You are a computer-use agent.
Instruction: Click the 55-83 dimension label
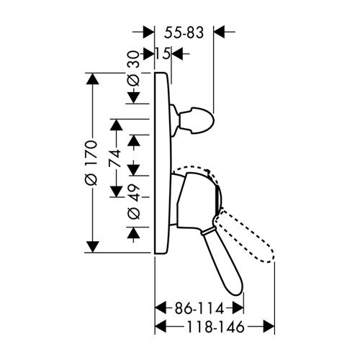click(x=184, y=32)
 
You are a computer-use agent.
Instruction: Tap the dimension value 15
click(x=163, y=53)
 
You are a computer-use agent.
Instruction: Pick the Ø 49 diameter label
click(x=133, y=202)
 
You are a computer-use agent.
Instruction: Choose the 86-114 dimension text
click(x=199, y=308)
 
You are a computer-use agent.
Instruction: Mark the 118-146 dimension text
click(x=215, y=327)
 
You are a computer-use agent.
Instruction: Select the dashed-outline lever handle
click(x=245, y=235)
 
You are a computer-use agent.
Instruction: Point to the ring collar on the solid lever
click(x=207, y=231)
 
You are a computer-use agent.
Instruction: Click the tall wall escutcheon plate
click(x=163, y=163)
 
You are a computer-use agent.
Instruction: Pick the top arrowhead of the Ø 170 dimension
click(x=92, y=78)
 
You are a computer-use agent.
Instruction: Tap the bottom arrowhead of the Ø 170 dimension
click(x=92, y=247)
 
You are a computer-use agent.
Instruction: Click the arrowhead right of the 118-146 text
click(x=269, y=326)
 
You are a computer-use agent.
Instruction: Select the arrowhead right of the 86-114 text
click(x=238, y=308)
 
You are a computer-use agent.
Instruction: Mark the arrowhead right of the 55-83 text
click(x=219, y=32)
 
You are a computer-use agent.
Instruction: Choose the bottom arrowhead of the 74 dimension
click(x=117, y=192)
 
